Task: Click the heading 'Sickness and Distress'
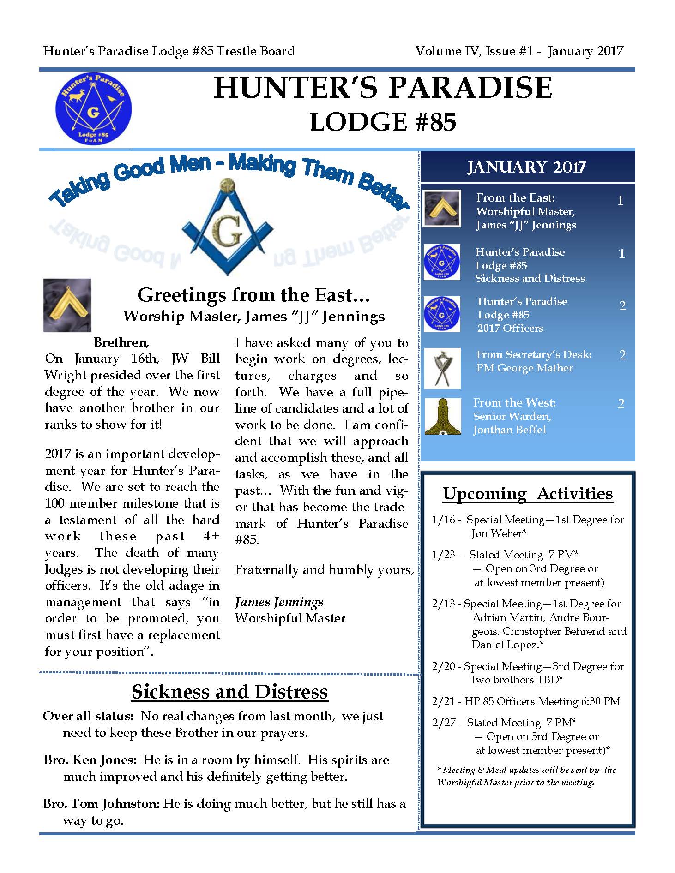click(x=229, y=692)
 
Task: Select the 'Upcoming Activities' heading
click(x=527, y=494)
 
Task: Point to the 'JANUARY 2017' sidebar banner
click(x=526, y=167)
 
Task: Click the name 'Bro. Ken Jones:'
click(x=90, y=760)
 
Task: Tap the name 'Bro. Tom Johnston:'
click(x=102, y=804)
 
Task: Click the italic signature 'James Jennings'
click(x=279, y=602)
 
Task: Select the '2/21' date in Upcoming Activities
click(x=443, y=701)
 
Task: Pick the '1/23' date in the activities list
click(x=443, y=555)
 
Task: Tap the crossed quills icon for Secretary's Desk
click(x=442, y=368)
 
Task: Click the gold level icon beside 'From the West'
click(x=442, y=416)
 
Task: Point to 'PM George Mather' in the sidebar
click(x=524, y=368)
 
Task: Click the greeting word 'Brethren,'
click(x=121, y=342)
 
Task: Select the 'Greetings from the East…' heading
click(x=253, y=295)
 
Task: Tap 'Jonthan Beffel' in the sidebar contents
click(x=509, y=430)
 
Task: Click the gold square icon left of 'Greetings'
click(x=67, y=305)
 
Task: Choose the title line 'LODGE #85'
click(x=383, y=122)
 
